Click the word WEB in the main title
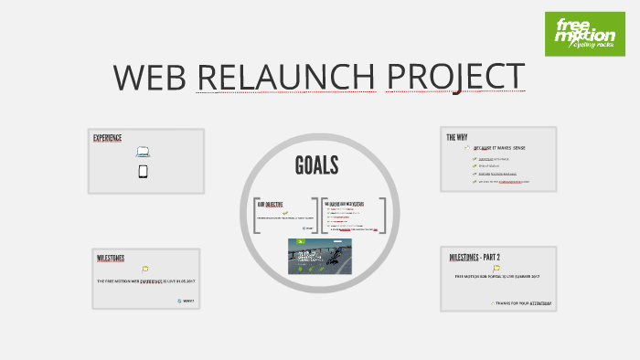(151, 78)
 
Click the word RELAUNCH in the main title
(285, 78)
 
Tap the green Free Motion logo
(585, 34)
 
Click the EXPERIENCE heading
(108, 138)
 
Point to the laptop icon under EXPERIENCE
(144, 153)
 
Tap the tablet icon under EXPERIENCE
(144, 171)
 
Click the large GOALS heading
(317, 165)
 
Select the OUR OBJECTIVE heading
(270, 205)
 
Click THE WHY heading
(457, 137)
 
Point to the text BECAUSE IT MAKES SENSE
(499, 147)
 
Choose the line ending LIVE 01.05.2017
(146, 281)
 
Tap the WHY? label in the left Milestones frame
(187, 301)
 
